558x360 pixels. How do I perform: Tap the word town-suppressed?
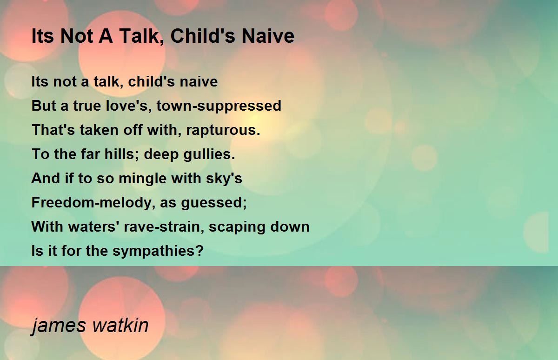coord(219,106)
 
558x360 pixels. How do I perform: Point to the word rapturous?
coord(223,130)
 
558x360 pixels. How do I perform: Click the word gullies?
coord(209,154)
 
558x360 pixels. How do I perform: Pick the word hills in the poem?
coord(122,154)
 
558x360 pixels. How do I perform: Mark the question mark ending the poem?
coord(200,250)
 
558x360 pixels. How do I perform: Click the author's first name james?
coord(59,326)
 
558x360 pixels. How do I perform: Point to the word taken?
coord(99,130)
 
